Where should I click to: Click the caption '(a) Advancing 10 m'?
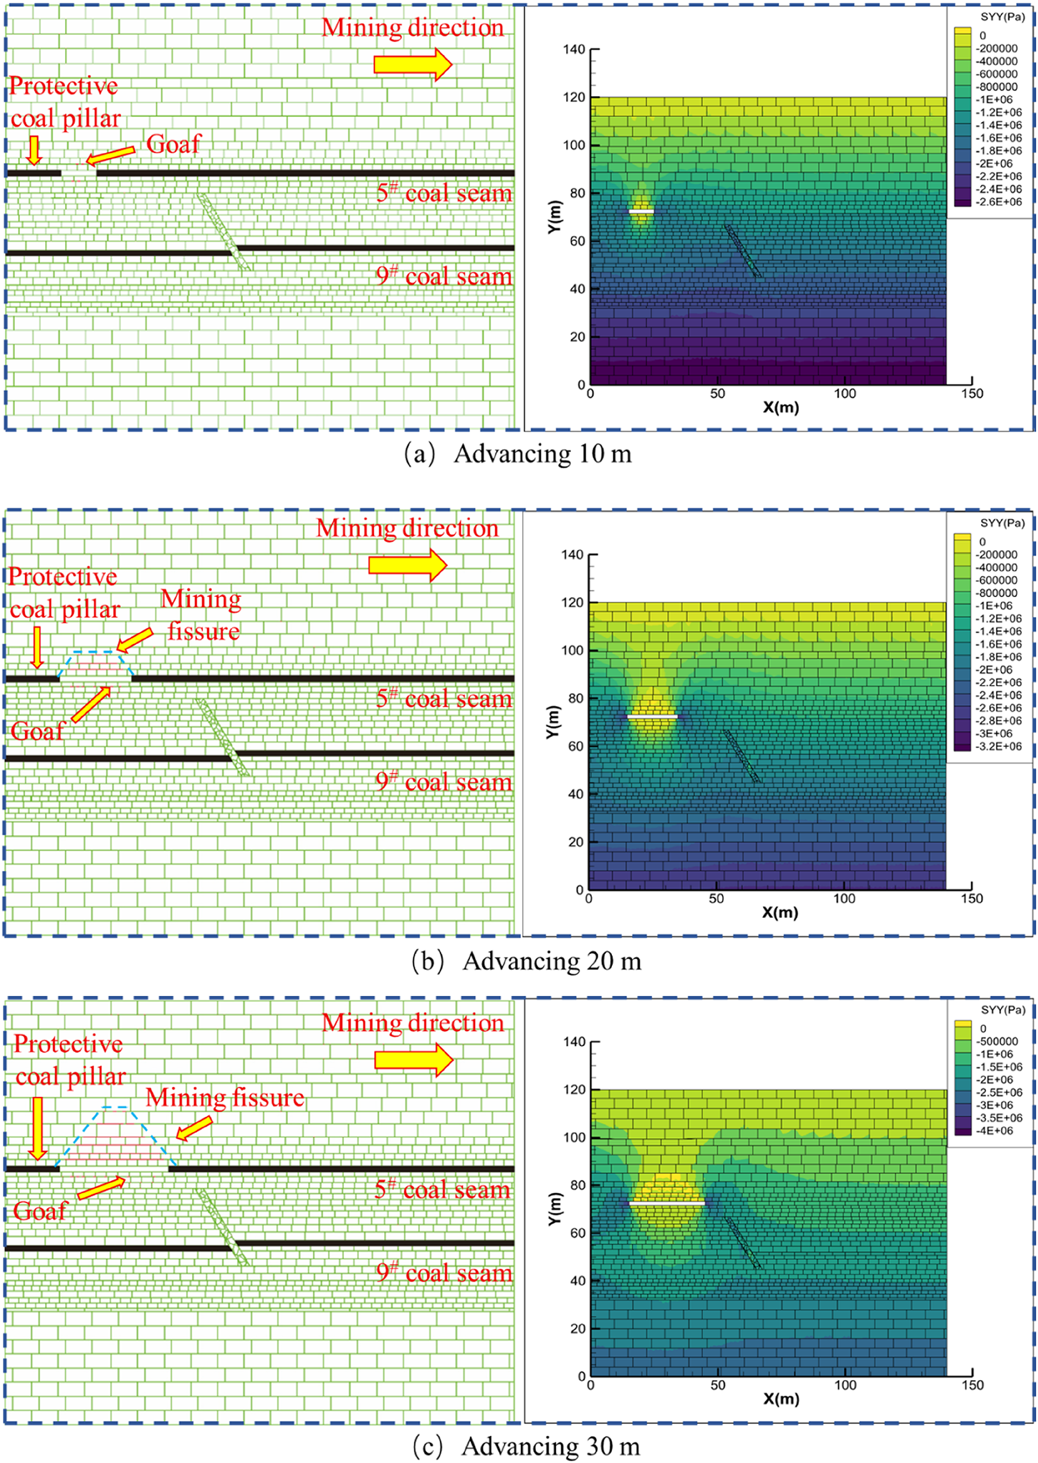click(x=518, y=455)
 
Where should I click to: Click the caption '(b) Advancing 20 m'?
click(x=526, y=961)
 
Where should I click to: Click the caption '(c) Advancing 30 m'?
click(x=526, y=1446)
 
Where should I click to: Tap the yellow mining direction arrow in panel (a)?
click(x=413, y=64)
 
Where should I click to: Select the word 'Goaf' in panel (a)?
click(x=173, y=144)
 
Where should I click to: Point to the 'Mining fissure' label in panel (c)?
click(x=225, y=1098)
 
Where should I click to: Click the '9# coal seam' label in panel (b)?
click(x=444, y=782)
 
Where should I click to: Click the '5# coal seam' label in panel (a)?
click(x=444, y=193)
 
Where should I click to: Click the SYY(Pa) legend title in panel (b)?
click(x=1002, y=523)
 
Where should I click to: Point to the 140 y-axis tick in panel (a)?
click(x=575, y=49)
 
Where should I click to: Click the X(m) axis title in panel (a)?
click(x=780, y=407)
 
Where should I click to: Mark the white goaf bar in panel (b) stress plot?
click(x=652, y=717)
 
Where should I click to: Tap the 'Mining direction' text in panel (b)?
click(x=407, y=528)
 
